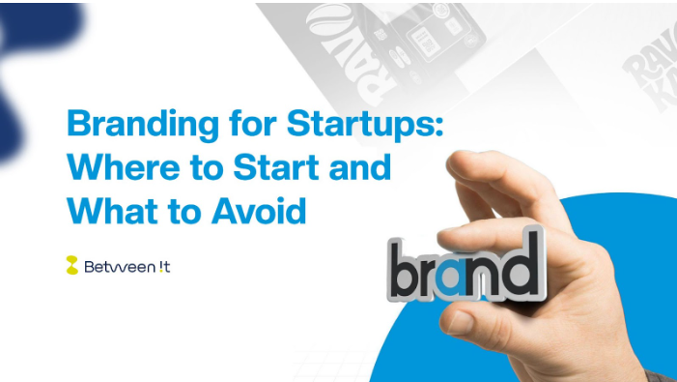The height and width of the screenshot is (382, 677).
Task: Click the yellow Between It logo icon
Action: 71,265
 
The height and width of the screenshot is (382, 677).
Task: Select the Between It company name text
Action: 127,266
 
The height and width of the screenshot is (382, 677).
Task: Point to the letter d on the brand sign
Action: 522,260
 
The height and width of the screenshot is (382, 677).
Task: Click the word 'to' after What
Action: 177,208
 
